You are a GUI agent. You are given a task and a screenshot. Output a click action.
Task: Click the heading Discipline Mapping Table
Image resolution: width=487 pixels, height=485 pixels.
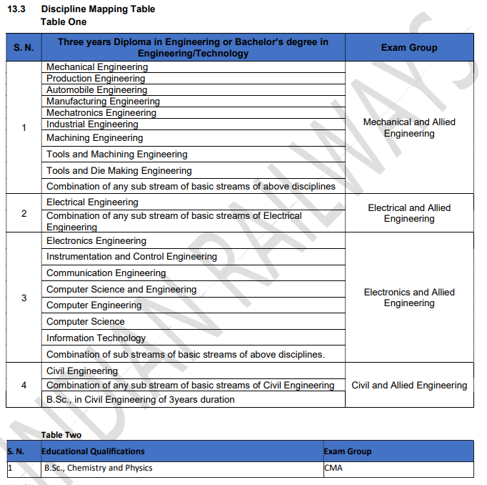pos(98,9)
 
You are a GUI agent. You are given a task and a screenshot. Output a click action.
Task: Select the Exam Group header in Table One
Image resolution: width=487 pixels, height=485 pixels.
pos(408,48)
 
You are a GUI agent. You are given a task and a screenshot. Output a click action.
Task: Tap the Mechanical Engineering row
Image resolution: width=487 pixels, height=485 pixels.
pos(97,67)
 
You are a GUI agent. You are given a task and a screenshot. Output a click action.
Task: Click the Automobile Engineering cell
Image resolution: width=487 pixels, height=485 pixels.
pos(97,90)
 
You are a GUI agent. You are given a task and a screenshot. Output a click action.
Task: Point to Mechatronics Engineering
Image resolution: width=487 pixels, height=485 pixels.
pos(101,113)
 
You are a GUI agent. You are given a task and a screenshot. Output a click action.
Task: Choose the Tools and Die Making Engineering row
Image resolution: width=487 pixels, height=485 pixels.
pos(119,171)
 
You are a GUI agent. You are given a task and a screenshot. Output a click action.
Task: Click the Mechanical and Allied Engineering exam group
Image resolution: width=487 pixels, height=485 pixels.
pos(408,128)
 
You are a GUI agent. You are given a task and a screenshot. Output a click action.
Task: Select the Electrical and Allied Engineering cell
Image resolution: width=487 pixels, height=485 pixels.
pos(408,213)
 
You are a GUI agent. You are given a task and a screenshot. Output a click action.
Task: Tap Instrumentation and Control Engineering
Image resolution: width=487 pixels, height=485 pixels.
pos(131,257)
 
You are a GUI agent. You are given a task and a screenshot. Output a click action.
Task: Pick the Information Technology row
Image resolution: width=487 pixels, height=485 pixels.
pos(96,338)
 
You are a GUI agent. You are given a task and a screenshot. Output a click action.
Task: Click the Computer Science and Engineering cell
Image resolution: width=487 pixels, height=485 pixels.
pos(121,290)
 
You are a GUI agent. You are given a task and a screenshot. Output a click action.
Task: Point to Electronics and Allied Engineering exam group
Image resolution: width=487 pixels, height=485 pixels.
pos(408,298)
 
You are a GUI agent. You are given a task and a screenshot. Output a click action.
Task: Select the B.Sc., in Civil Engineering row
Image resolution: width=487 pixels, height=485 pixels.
pos(140,400)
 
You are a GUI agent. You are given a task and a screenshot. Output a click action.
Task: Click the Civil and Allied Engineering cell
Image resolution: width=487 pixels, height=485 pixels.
pos(408,386)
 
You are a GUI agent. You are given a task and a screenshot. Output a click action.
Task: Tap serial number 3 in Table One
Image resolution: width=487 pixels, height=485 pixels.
pos(24,298)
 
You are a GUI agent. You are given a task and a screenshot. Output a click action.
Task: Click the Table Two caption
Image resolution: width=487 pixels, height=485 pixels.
pos(61,435)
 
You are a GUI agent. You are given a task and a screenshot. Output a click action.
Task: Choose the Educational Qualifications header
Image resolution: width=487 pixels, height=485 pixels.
pos(93,451)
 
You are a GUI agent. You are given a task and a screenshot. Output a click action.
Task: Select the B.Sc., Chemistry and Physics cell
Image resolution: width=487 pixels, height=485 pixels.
pos(98,469)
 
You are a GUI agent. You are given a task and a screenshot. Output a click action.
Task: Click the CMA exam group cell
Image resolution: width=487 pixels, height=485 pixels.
pos(333,469)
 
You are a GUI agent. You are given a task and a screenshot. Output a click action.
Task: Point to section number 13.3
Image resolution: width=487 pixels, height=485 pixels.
pos(16,9)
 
